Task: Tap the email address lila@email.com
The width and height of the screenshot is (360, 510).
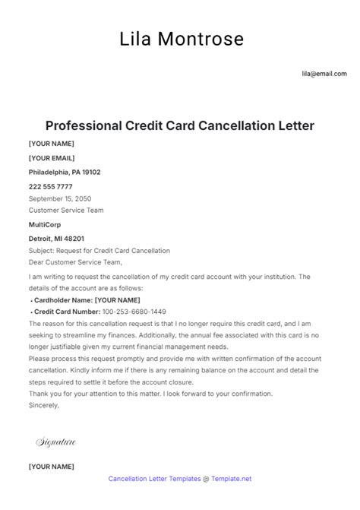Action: coord(324,74)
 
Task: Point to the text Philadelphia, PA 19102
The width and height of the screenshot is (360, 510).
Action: coord(65,172)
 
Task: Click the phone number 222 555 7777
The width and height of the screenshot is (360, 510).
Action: coord(51,186)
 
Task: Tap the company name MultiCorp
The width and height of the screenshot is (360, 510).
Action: coord(46,225)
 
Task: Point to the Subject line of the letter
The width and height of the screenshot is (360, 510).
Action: coord(99,251)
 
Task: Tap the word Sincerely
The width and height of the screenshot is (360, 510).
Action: coord(44,405)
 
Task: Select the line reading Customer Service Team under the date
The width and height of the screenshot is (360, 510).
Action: coord(66,211)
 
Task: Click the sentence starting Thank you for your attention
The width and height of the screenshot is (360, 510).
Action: coord(150,394)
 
